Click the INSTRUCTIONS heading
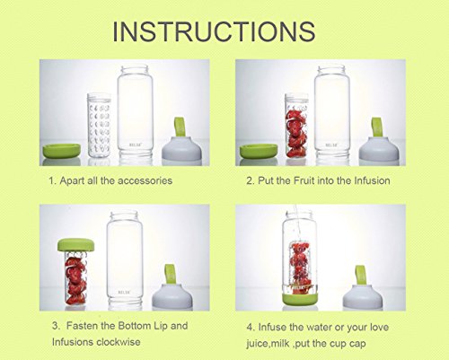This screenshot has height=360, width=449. (x=214, y=31)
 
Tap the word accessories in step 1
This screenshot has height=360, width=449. (x=145, y=180)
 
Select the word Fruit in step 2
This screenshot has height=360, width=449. (x=304, y=180)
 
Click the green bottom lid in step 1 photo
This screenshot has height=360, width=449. (x=62, y=151)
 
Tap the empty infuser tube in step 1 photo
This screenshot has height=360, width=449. (x=99, y=126)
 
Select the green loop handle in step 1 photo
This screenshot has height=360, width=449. (x=180, y=127)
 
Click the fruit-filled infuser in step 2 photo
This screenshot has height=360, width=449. (x=296, y=126)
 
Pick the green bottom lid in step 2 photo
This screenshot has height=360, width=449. (x=259, y=151)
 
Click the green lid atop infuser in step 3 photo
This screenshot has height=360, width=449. (x=76, y=245)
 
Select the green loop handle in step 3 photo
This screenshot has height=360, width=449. (x=170, y=274)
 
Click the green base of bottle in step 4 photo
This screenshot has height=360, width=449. (x=301, y=300)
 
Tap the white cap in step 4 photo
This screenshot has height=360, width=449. (x=363, y=296)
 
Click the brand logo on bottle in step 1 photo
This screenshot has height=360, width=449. (x=135, y=145)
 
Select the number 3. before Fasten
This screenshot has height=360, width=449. (x=56, y=326)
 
